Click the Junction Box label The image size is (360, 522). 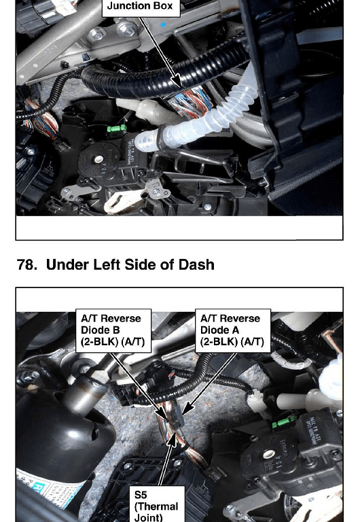pyautogui.click(x=141, y=7)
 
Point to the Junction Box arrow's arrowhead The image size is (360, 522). pyautogui.click(x=178, y=82)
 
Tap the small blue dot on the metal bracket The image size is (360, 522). pyautogui.click(x=163, y=24)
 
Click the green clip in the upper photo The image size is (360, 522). pyautogui.click(x=116, y=128)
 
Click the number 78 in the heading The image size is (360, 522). pyautogui.click(x=26, y=265)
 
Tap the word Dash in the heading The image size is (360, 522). pyautogui.click(x=196, y=264)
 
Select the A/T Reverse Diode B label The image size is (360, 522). pyautogui.click(x=113, y=330)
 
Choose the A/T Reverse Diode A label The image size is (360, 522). pyautogui.click(x=232, y=330)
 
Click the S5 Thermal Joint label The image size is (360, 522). pyautogui.click(x=156, y=506)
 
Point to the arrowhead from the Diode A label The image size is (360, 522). pyautogui.click(x=185, y=408)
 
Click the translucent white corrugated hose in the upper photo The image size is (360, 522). pyautogui.click(x=200, y=120)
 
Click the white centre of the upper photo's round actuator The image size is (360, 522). pyautogui.click(x=98, y=160)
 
